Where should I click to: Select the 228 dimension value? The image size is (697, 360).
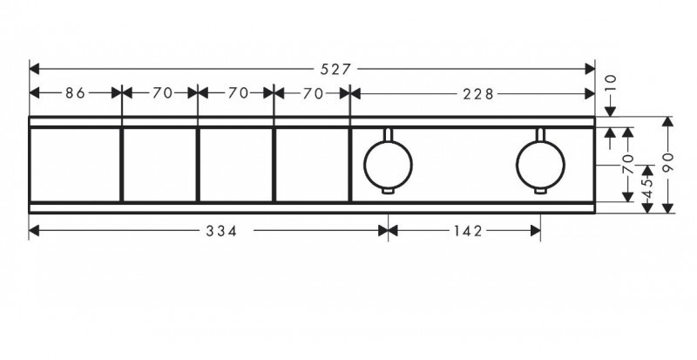click(477, 92)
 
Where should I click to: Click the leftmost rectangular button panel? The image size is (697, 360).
click(75, 164)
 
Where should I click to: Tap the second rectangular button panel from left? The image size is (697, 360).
click(159, 164)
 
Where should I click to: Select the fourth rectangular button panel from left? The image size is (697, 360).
click(312, 164)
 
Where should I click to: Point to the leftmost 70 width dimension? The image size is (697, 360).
click(159, 92)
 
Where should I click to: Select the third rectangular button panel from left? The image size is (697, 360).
click(235, 164)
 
